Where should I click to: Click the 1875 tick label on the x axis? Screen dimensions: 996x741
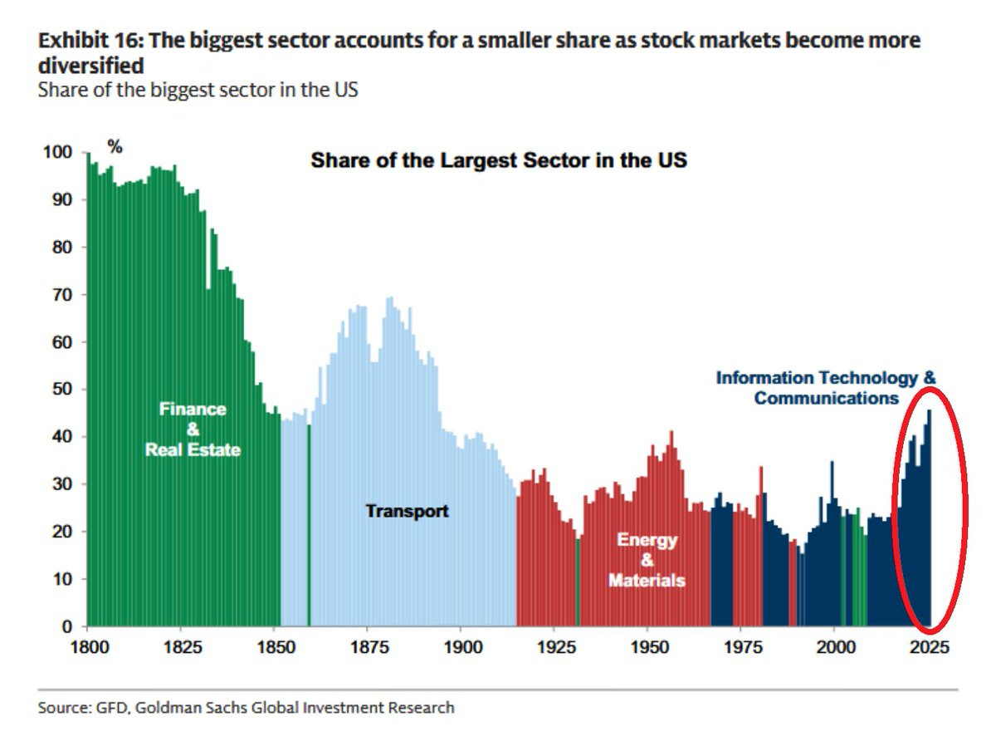click(369, 647)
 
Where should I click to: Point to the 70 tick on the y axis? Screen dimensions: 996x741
click(62, 295)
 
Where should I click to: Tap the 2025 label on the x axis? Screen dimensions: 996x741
click(930, 647)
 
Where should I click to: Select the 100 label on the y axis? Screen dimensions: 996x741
click(57, 152)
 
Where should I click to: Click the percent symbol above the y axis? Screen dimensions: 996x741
click(115, 147)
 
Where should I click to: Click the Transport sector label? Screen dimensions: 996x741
click(407, 512)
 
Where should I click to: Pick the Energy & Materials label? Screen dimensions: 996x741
click(647, 560)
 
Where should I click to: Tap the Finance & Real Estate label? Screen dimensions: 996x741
click(193, 429)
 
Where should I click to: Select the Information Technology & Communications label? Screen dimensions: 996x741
click(826, 388)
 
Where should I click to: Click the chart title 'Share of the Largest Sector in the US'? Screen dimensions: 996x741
click(499, 160)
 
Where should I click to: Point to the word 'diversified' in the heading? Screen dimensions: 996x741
click(91, 66)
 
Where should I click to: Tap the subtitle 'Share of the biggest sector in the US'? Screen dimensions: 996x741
click(198, 90)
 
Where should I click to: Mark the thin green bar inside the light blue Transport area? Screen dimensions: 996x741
click(309, 525)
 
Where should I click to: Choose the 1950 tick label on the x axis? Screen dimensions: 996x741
click(649, 647)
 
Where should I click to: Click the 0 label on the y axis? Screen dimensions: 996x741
click(67, 626)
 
